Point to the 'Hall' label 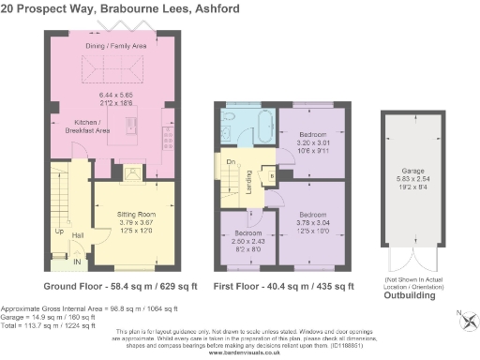[x=79, y=235]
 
